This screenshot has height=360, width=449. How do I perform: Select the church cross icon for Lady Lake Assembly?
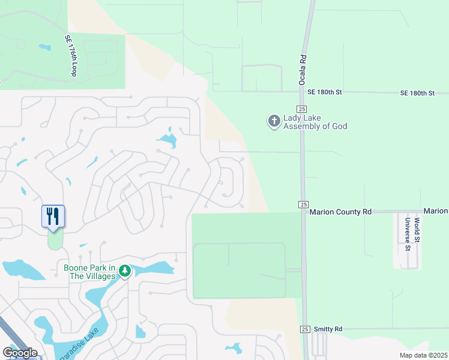tap(274, 121)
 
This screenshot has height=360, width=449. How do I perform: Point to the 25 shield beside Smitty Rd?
tap(306, 329)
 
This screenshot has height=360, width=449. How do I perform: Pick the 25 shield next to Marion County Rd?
tap(301, 205)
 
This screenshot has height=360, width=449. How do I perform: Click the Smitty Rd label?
tap(330, 329)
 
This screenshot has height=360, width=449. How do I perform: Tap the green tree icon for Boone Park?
tap(124, 271)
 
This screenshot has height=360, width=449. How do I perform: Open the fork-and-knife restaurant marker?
tap(53, 216)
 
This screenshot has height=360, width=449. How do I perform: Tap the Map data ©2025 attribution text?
tap(423, 355)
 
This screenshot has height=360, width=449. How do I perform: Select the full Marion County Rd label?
tap(340, 212)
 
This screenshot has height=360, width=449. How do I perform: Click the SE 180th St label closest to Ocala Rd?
tap(324, 92)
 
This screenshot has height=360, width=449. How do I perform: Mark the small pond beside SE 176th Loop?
tap(45, 47)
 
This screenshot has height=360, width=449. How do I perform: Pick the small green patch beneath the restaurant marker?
tap(55, 241)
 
